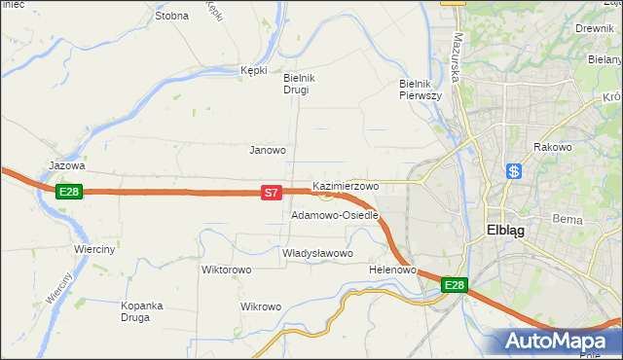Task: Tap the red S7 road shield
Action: (x=273, y=195)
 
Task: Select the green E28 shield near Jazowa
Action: (x=68, y=192)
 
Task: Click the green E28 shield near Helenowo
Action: (x=455, y=285)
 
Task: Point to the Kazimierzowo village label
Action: (x=346, y=185)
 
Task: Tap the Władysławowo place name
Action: (x=316, y=253)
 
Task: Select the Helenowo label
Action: (x=393, y=270)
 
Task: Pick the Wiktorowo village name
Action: (x=226, y=270)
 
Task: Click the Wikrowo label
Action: (x=260, y=307)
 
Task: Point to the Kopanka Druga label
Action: (x=147, y=311)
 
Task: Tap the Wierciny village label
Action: (x=94, y=249)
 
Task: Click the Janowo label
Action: (x=268, y=150)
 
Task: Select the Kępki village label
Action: (x=253, y=70)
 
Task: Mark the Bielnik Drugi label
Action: (x=296, y=84)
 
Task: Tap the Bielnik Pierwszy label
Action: (x=421, y=90)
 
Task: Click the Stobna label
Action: (x=171, y=16)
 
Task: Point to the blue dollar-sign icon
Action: (x=515, y=171)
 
